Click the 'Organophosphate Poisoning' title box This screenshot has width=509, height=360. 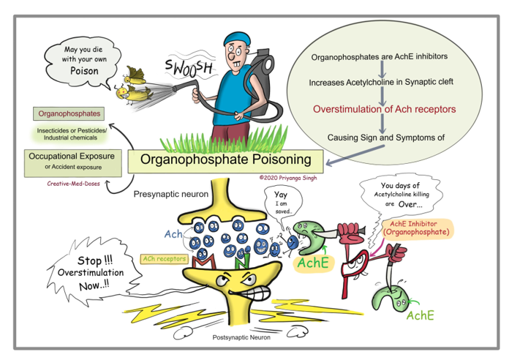[x=225, y=160]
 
